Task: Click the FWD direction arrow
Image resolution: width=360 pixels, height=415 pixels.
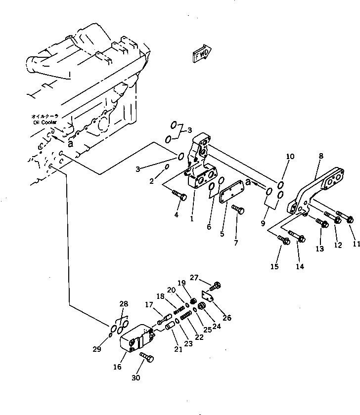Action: point(200,54)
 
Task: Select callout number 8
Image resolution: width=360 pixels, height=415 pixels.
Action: point(321,156)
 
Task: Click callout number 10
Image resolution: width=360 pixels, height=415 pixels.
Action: point(290,157)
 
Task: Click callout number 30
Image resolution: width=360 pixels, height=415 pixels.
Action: point(135,378)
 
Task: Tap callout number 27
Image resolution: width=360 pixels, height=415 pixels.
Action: point(194,277)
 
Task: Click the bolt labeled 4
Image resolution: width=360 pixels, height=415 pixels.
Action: point(180,197)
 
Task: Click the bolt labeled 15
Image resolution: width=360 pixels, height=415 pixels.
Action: point(284,241)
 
